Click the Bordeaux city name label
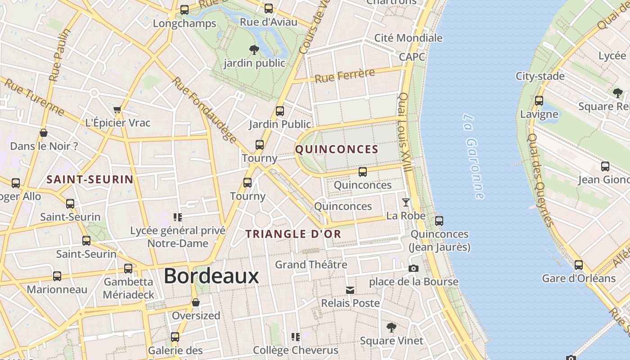pos(211,276)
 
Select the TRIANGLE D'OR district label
pos(293,234)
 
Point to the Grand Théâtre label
pos(311,265)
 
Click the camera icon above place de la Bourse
pos(413,269)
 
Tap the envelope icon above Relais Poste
pos(350,290)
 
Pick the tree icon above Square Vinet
pos(391,327)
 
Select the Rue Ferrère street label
pos(345,76)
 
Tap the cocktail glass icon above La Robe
pos(406,202)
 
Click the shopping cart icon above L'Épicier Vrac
pos(117,109)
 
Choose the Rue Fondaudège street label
pos(204,110)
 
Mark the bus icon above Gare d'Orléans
pos(579,265)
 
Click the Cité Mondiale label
pos(408,38)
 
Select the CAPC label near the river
pos(412,57)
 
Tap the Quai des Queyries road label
pos(540,180)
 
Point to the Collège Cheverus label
pos(295,350)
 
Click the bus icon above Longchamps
pos(184,10)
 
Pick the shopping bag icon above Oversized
pos(195,302)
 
